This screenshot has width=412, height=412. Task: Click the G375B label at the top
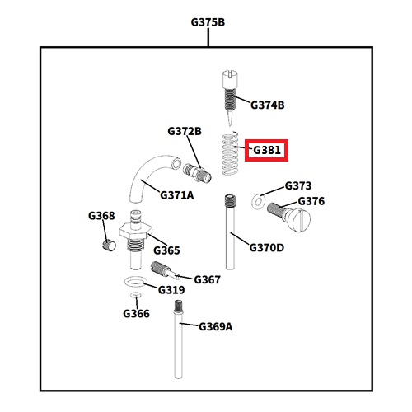[x=208, y=22]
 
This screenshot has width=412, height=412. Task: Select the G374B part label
[x=268, y=105]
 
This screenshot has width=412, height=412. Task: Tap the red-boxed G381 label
[x=267, y=150]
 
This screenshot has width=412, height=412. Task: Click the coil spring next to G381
[x=230, y=153]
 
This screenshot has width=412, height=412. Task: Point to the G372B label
[x=185, y=131]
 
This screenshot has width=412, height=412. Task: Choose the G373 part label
[x=298, y=185]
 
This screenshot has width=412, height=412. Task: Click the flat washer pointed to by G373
[x=258, y=202]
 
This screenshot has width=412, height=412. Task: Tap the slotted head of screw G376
[x=301, y=220]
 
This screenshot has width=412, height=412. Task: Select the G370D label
[x=267, y=248]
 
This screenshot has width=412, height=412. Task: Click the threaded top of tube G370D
[x=230, y=201]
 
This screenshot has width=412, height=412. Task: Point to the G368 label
[x=101, y=216]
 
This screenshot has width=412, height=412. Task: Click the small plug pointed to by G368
[x=110, y=245]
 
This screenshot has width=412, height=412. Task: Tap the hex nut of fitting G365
[x=136, y=231]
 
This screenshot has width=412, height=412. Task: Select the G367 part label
[x=207, y=280]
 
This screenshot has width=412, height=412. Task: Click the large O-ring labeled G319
[x=134, y=282]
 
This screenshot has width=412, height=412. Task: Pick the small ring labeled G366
[x=136, y=295]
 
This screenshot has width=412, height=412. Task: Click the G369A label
[x=216, y=327]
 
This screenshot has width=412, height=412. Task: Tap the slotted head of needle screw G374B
[x=230, y=79]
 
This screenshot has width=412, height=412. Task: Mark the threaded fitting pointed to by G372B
[x=197, y=173]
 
